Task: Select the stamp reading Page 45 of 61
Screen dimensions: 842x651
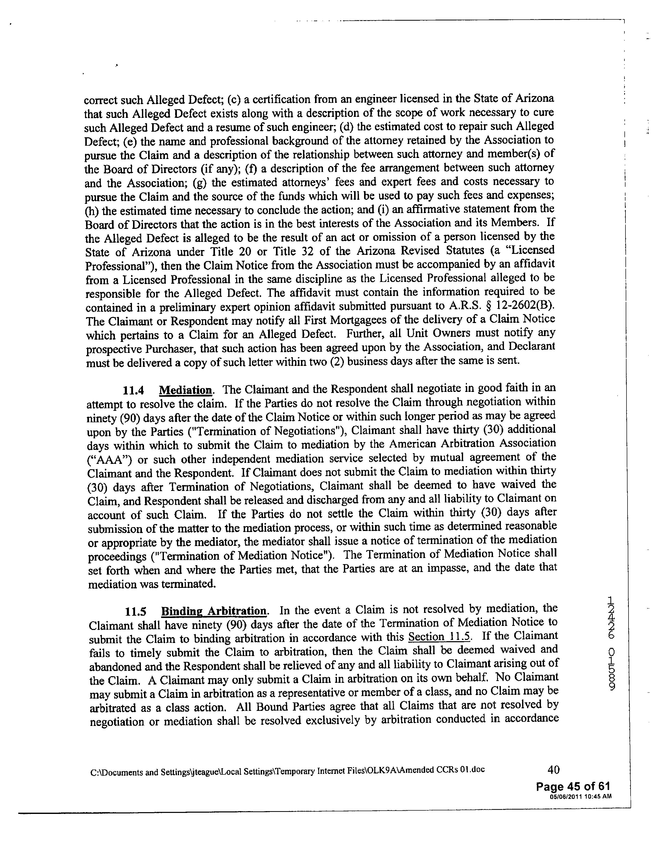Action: click(x=573, y=786)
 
